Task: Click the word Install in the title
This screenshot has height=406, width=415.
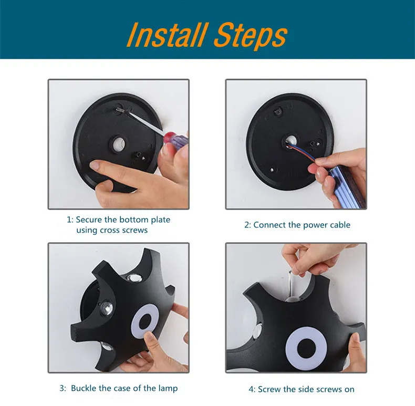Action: coord(167,35)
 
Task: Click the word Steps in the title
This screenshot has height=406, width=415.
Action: coord(251,37)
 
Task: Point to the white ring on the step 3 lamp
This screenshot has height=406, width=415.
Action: coord(145,321)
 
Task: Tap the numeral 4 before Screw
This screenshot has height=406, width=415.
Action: coord(252,389)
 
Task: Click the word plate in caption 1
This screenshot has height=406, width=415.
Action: coord(160,220)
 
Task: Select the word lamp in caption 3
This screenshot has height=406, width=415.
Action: coord(168,388)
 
